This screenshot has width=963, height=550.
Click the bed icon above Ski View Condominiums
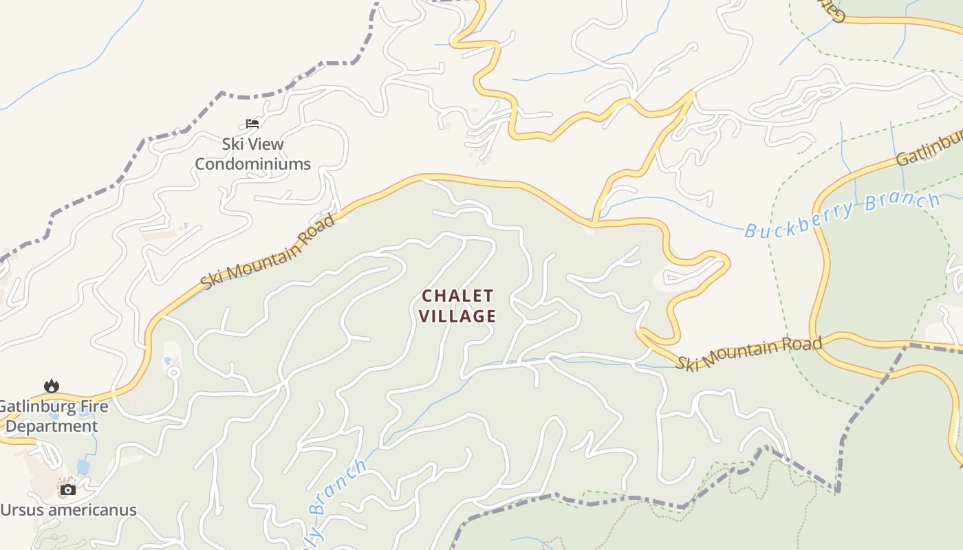(x=252, y=124)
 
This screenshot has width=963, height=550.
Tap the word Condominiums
(x=252, y=164)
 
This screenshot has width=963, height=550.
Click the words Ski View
(x=252, y=144)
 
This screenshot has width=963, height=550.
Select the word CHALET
(x=457, y=296)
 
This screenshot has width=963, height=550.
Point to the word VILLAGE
(x=457, y=316)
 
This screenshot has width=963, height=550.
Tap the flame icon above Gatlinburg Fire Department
(x=51, y=386)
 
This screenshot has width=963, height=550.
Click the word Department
(x=52, y=426)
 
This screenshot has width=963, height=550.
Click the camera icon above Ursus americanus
(x=67, y=489)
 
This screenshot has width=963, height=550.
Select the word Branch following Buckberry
(x=901, y=203)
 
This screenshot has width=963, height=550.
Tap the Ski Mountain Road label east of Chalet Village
(x=748, y=352)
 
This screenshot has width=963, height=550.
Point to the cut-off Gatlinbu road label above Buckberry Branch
(x=929, y=151)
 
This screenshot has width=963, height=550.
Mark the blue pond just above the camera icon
(x=83, y=467)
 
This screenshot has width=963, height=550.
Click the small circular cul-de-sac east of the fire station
(x=173, y=373)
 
